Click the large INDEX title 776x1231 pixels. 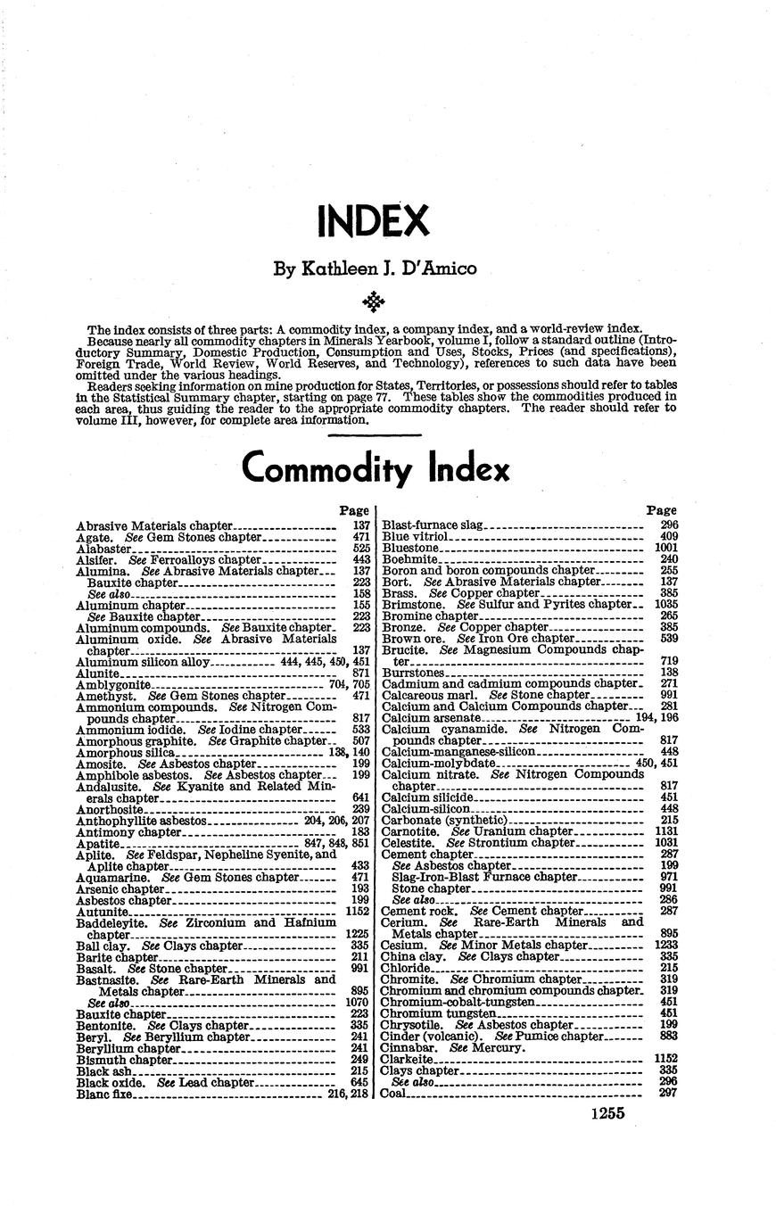[374, 220]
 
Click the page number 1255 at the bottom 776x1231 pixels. [607, 1112]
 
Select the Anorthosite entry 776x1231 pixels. [110, 809]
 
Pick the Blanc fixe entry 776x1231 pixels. [104, 1094]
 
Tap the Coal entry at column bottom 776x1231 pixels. [393, 1094]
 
